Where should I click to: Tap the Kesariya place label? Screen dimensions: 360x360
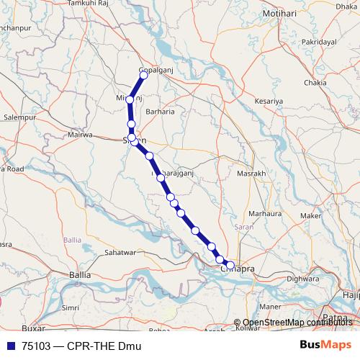pyautogui.click(x=268, y=102)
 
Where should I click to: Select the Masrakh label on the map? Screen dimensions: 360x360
pyautogui.click(x=251, y=174)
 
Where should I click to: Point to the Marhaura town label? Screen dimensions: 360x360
pyautogui.click(x=265, y=213)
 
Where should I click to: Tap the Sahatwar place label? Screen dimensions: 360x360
pyautogui.click(x=120, y=253)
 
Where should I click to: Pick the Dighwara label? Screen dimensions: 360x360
pyautogui.click(x=302, y=277)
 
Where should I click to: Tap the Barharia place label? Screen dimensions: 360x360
pyautogui.click(x=160, y=112)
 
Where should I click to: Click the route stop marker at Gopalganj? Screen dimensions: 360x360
pyautogui.click(x=143, y=74)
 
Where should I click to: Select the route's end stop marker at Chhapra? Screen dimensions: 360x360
pyautogui.click(x=230, y=266)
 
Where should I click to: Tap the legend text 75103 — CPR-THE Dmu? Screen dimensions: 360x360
pyautogui.click(x=80, y=346)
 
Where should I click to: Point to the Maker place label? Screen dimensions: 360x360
pyautogui.click(x=310, y=215)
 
